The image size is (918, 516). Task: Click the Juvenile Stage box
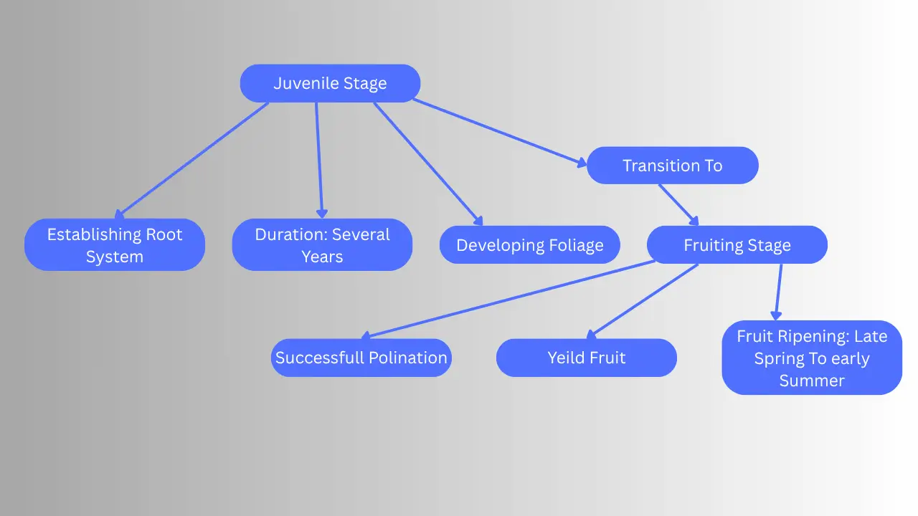(330, 83)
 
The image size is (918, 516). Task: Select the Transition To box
(672, 166)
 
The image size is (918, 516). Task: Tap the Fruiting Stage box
(737, 245)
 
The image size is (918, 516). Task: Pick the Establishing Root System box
(115, 245)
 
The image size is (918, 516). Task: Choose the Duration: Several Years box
(322, 245)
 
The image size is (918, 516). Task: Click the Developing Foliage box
(529, 245)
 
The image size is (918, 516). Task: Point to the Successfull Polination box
(361, 358)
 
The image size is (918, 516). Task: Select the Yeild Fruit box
(586, 358)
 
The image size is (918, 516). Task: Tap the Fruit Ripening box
(811, 358)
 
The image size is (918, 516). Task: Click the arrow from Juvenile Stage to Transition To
(500, 133)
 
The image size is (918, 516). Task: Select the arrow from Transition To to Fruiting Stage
(678, 205)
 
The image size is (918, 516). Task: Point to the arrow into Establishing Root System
(192, 160)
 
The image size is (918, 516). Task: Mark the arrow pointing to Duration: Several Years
(319, 160)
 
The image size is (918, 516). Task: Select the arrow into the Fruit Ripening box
(779, 291)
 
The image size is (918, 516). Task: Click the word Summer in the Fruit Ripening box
(811, 381)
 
